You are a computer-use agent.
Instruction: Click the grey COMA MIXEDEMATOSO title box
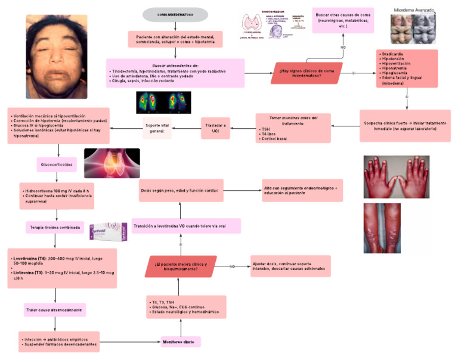point(175,15)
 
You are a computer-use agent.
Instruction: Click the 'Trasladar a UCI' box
point(221,128)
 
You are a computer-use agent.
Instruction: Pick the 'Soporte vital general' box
point(157,128)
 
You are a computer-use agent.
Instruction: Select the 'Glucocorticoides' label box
point(57,164)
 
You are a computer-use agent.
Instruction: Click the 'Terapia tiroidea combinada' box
point(55,227)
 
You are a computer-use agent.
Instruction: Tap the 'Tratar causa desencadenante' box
point(54,310)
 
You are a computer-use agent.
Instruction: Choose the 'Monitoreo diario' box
point(180,342)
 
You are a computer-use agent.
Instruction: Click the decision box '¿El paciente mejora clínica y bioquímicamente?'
point(181,266)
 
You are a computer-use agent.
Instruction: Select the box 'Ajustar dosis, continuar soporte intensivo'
point(290,266)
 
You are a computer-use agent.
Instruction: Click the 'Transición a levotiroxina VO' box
point(186,226)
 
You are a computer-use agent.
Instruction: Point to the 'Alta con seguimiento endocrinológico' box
point(302,190)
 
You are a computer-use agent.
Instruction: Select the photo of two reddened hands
point(397,177)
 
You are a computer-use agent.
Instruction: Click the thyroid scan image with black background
point(163,103)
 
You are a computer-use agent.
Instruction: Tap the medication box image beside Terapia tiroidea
point(109,229)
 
